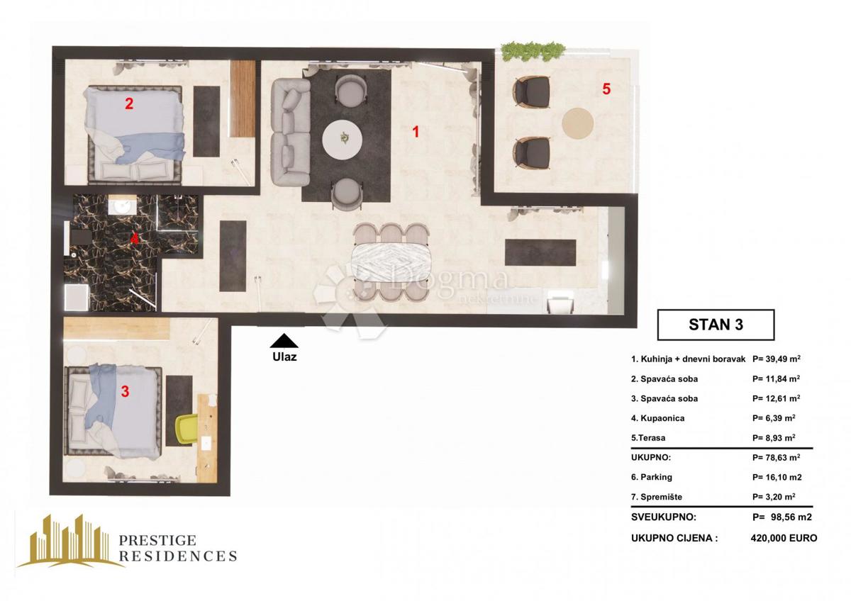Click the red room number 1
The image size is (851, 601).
pos(416,131)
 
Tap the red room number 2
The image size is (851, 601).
pos(129,104)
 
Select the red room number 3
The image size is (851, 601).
pos(125,391)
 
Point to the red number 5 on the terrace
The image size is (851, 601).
pos(606,89)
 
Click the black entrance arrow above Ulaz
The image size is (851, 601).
pos(284,340)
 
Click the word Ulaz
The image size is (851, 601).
pos(284,357)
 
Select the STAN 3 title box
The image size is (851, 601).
pos(716,325)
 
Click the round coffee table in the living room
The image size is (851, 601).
pos(344,139)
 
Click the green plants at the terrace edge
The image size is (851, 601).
pos(533,51)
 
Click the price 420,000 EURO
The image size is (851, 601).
pos(783,538)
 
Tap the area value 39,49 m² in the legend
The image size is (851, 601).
pos(776,359)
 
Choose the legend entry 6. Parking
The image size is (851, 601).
pos(651,477)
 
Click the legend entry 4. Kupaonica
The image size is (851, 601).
pos(657,418)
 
